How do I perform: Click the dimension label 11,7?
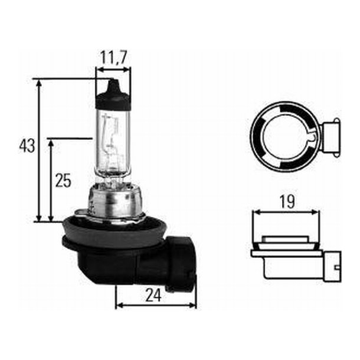click(113, 57)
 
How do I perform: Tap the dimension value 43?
click(27, 146)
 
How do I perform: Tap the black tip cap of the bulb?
click(113, 94)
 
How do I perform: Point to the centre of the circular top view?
click(283, 135)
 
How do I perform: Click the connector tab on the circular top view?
click(331, 135)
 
